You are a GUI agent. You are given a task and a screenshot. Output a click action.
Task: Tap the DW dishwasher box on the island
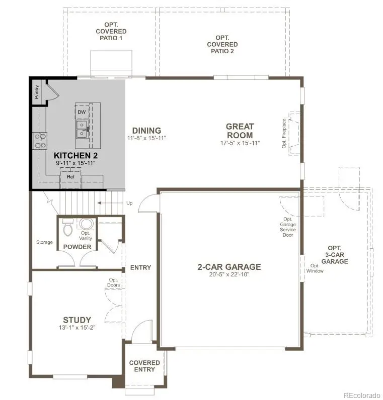[81, 112]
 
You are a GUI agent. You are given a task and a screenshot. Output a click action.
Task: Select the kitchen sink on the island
[82, 129]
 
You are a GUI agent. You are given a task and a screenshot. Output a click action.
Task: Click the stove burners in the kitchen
[40, 140]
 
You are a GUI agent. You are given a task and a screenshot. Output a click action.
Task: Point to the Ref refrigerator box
[70, 177]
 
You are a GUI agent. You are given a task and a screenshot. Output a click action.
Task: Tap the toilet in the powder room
[67, 229]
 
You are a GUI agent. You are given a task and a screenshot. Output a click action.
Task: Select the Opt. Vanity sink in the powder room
[86, 225]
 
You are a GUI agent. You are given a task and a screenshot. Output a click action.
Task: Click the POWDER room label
[77, 247]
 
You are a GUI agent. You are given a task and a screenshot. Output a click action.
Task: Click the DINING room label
[146, 130]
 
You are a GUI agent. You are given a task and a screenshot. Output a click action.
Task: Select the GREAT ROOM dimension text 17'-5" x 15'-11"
[240, 144]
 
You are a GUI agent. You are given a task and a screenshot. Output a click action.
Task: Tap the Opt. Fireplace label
[284, 133]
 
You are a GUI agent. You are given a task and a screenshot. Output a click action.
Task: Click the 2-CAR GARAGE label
[229, 267]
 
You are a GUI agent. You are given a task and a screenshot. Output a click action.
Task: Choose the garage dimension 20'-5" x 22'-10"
[229, 274]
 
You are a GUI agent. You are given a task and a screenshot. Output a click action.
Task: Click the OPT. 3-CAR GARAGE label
[334, 255]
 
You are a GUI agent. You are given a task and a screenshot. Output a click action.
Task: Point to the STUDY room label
[77, 320]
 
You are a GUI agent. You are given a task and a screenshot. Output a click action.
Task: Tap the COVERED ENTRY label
[144, 366]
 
